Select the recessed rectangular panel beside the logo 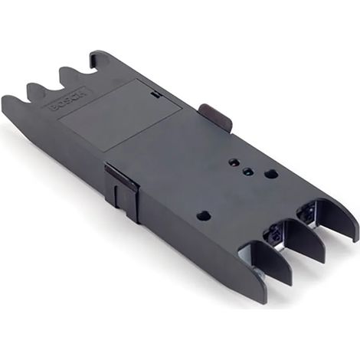coord(121,114)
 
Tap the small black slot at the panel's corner coord(156,94)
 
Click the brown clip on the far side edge coord(217,116)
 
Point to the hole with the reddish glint coord(233,162)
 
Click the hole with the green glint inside coord(247,172)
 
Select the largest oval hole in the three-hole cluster coord(270,174)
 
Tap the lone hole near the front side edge coord(204,216)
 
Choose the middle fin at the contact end coord(304,240)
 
